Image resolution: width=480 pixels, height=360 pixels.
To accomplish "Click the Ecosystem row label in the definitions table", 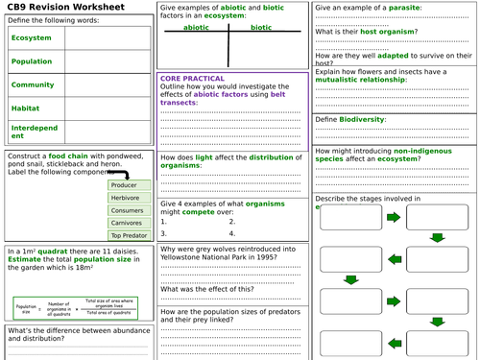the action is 33,38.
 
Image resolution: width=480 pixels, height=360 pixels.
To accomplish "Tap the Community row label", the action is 33,84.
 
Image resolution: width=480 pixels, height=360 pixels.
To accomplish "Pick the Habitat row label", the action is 26,108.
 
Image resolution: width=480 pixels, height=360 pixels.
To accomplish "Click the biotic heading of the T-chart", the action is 260,28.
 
